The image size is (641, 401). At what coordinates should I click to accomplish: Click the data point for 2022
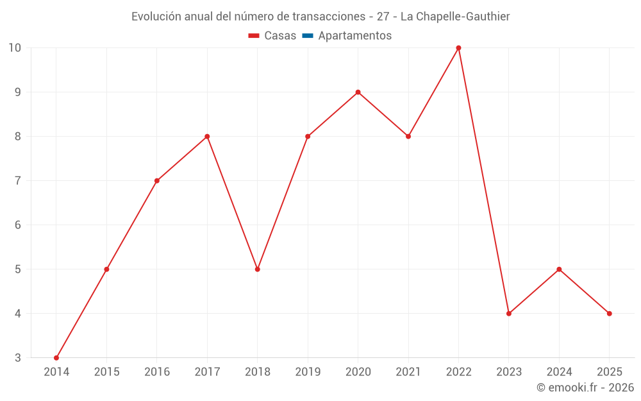pos(458,47)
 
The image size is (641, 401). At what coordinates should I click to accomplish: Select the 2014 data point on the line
pos(56,358)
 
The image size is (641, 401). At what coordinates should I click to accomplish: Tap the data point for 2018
pos(257,269)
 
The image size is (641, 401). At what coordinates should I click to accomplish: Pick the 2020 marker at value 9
pos(358,92)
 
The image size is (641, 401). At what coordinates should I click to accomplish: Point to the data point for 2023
pos(509,314)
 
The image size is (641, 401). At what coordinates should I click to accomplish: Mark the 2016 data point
pos(157,181)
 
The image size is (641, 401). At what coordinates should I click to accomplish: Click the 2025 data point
pos(609,314)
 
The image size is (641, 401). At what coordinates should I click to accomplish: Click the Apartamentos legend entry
pos(354,36)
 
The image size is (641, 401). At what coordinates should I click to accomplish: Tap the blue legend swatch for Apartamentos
pos(307,36)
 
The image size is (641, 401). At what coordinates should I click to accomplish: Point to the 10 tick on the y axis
pos(15,47)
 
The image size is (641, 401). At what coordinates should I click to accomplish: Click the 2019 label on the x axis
pos(308,372)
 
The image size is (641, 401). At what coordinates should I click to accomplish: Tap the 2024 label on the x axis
pos(559,372)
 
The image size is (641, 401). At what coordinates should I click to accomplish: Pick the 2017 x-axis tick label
pos(207,372)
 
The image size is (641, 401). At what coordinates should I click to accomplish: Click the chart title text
pos(320,17)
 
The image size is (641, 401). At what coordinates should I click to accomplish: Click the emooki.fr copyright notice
pos(585,388)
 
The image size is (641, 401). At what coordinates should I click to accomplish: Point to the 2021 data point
pos(408,137)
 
